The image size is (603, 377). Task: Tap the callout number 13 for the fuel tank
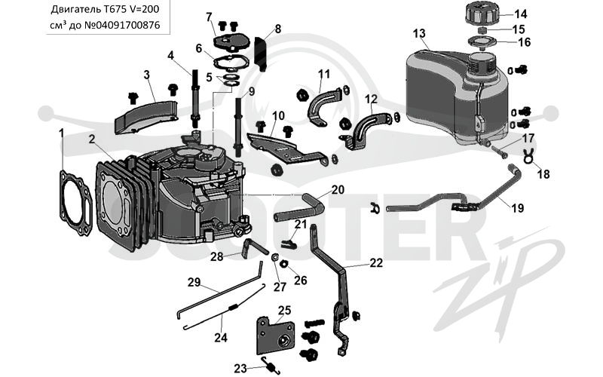click(x=419, y=33)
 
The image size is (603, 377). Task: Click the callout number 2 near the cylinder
click(x=91, y=139)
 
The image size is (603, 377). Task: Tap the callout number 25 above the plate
click(x=285, y=310)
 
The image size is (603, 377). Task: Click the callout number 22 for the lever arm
click(x=376, y=262)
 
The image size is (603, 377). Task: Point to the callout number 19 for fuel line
click(x=518, y=208)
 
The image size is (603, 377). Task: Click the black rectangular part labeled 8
click(x=262, y=53)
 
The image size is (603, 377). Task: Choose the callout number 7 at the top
click(x=209, y=17)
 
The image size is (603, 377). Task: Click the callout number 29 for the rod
click(x=194, y=282)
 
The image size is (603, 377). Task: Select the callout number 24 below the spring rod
click(x=221, y=338)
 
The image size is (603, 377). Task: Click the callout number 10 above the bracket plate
click(x=278, y=115)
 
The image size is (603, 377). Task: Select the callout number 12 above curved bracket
click(x=371, y=100)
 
